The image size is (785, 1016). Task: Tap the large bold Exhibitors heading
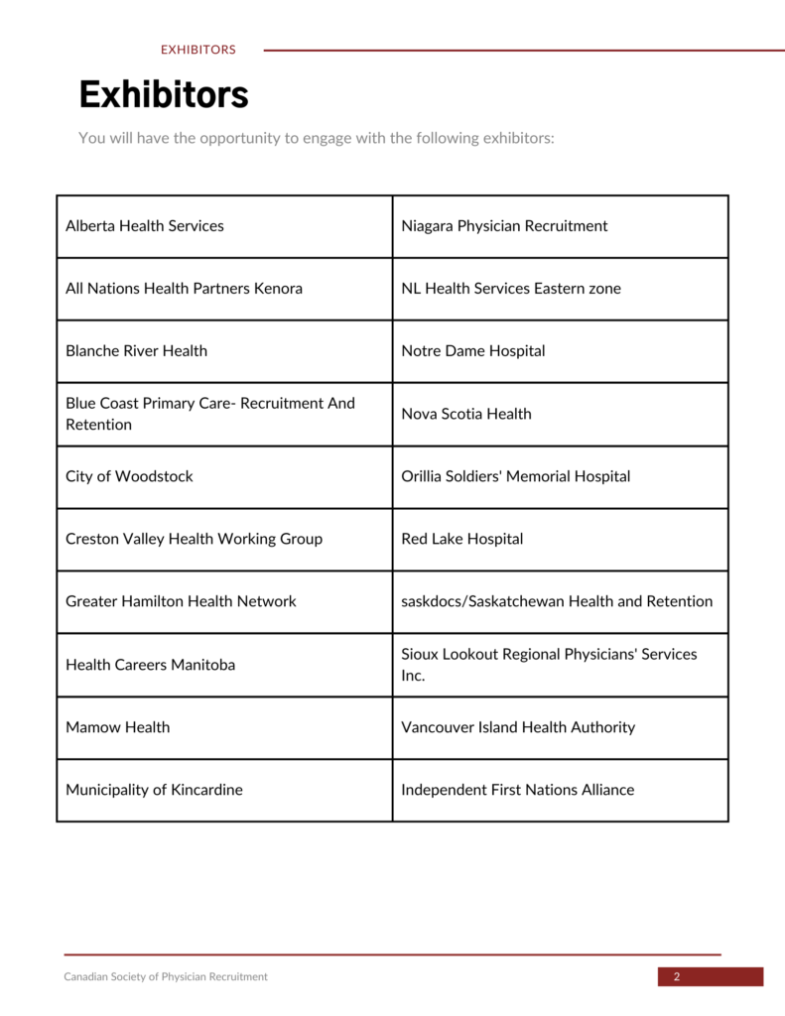164,95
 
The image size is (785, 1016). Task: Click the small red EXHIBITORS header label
198,50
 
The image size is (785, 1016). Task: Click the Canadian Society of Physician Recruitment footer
166,977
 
